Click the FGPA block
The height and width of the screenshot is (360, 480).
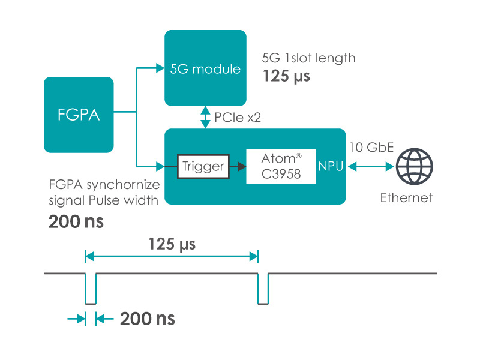coord(79,114)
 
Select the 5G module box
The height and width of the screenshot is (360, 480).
coord(205,69)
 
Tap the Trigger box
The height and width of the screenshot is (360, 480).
coord(203,166)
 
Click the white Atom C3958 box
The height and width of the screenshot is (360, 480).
coord(281,167)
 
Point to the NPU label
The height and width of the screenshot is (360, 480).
coord(331,167)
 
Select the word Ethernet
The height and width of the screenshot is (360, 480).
coord(406,198)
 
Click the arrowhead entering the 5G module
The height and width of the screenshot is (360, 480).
coord(160,68)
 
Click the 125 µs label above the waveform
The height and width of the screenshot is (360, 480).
coord(172,245)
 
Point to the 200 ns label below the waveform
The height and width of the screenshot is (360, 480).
coord(147,319)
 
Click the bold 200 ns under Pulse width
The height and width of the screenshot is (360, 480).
coord(76,221)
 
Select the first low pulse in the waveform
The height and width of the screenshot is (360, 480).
coord(91,289)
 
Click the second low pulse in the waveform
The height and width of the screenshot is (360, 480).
coord(263,289)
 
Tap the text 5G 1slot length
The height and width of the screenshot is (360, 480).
coord(309,58)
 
